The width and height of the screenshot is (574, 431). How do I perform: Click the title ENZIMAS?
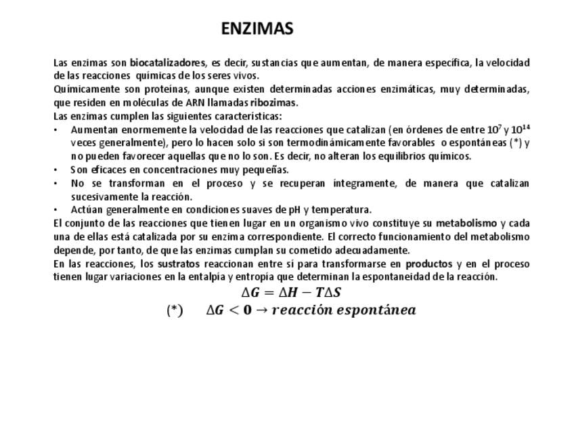(257, 29)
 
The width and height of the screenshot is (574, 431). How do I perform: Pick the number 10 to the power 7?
(494, 129)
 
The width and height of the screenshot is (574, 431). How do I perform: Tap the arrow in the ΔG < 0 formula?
(261, 310)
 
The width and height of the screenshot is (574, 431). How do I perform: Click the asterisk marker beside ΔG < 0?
(175, 310)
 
